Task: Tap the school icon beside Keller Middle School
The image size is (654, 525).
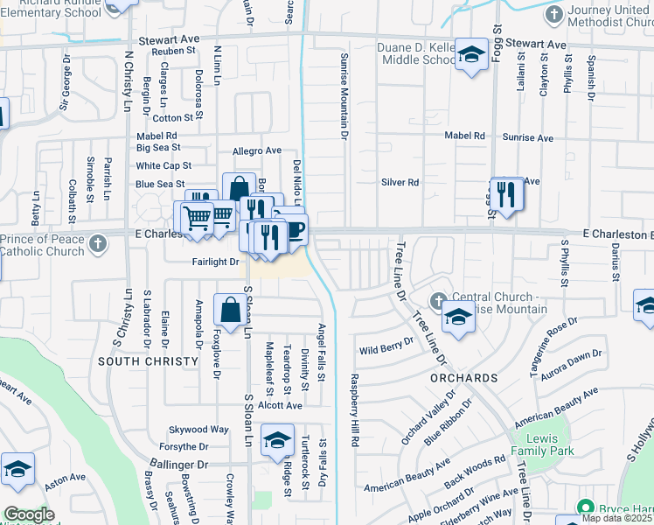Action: (x=471, y=55)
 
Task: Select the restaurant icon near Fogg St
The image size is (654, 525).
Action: (x=505, y=193)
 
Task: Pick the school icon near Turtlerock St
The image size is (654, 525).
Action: (x=278, y=440)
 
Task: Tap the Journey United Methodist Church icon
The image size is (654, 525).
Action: (x=553, y=15)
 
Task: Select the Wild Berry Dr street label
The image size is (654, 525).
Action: (x=386, y=346)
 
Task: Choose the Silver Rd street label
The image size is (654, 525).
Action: (x=400, y=183)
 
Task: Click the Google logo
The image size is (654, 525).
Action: (x=28, y=514)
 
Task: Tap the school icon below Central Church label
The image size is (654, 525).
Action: (x=457, y=318)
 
